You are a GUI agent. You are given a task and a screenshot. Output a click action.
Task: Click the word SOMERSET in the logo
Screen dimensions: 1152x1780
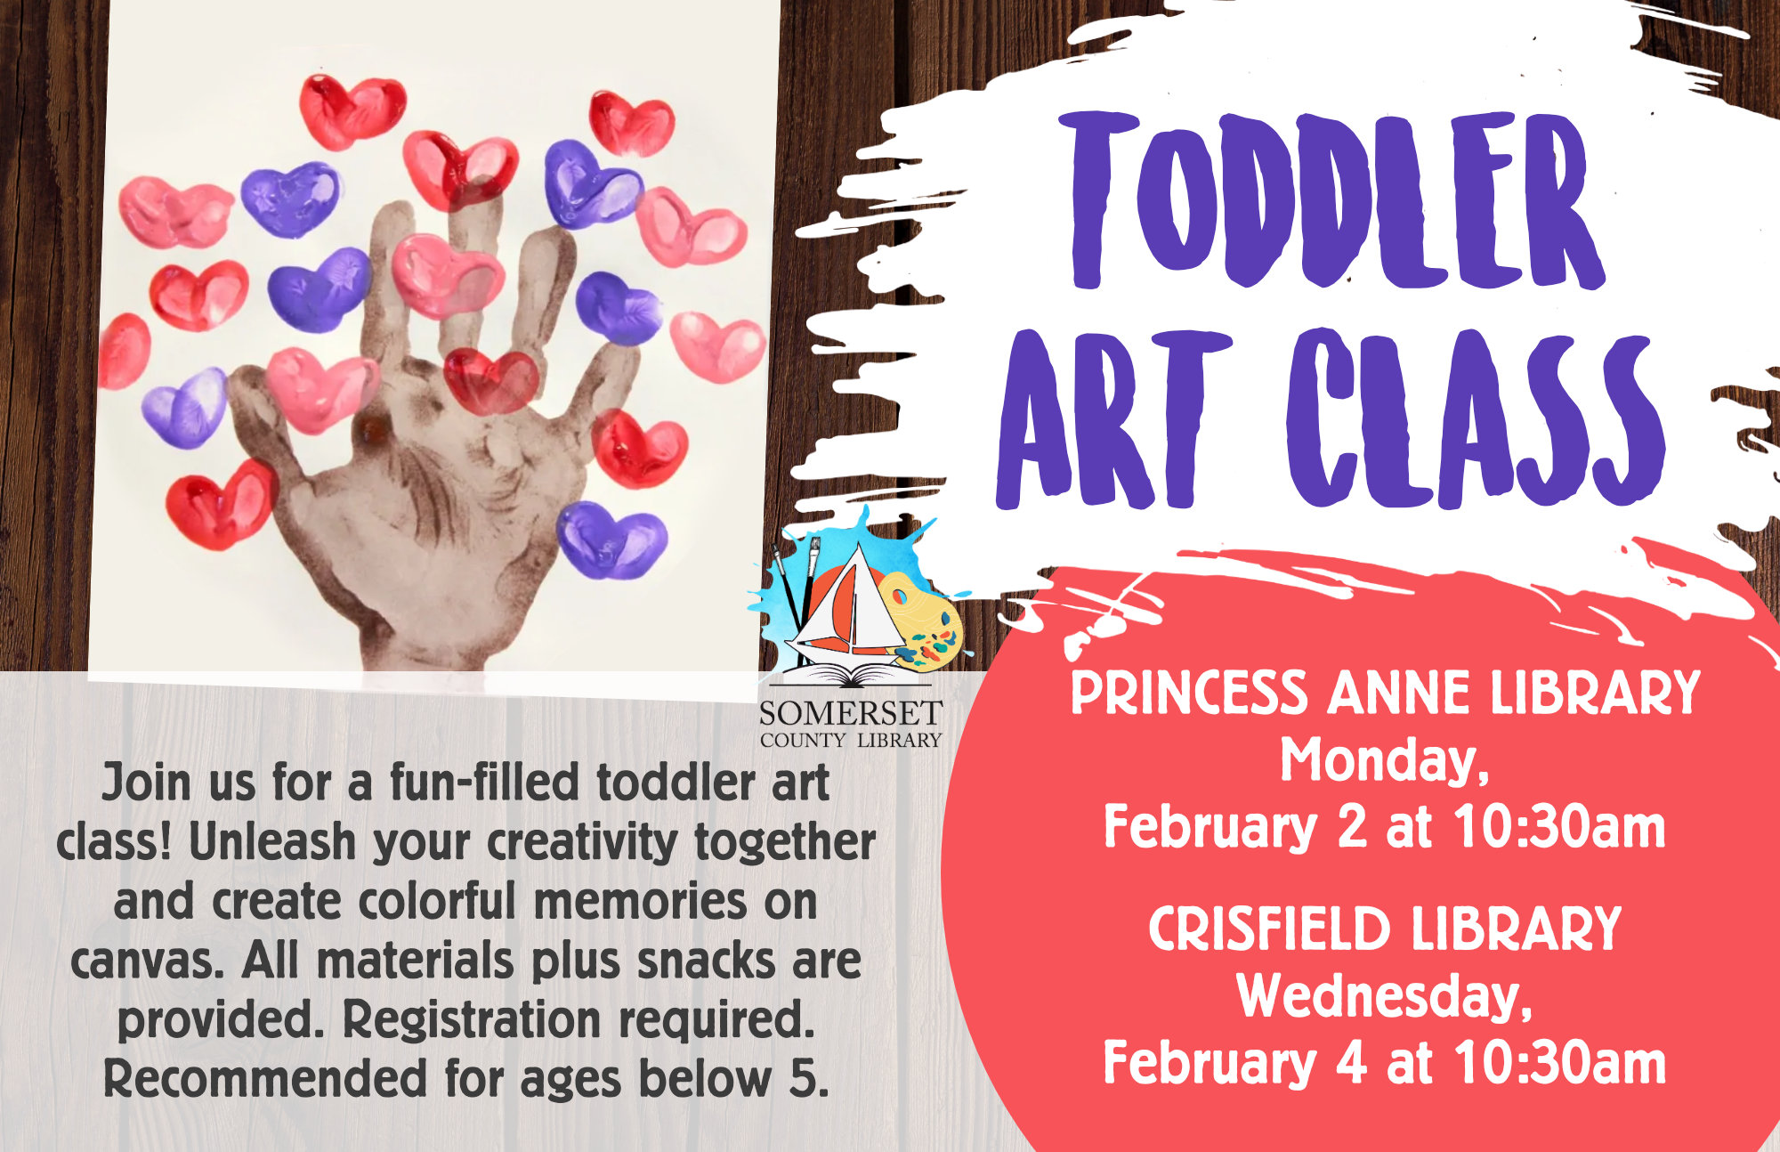[x=850, y=713]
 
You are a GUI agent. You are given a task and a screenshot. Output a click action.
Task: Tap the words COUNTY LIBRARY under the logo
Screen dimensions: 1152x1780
[x=850, y=740]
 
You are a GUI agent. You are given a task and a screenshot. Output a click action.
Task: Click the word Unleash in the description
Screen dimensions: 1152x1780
[x=272, y=842]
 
